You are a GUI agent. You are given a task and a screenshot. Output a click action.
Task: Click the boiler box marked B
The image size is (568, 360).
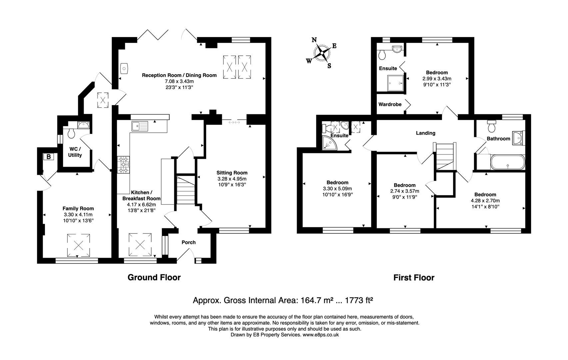click(x=49, y=156)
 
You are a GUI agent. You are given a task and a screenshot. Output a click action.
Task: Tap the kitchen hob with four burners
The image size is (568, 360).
click(x=124, y=165)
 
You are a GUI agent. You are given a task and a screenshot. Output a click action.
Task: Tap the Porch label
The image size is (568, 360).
click(x=189, y=242)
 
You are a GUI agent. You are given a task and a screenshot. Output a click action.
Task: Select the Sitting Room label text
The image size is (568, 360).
click(x=232, y=173)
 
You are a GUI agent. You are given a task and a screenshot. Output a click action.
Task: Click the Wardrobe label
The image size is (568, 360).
click(x=390, y=104)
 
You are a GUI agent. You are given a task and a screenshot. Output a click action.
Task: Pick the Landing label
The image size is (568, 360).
click(x=425, y=133)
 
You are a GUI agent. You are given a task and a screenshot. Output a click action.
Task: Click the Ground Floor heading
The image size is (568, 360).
click(x=154, y=277)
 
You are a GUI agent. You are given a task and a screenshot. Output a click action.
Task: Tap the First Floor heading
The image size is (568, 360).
click(x=414, y=277)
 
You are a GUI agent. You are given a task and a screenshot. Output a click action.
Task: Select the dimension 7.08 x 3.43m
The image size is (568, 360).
click(x=179, y=81)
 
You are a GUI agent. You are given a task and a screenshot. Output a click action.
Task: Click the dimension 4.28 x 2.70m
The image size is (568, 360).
click(x=485, y=201)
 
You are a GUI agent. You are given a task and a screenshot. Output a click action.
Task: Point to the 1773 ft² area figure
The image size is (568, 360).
click(x=359, y=300)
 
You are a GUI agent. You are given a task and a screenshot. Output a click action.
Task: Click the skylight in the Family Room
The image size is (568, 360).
click(x=79, y=245)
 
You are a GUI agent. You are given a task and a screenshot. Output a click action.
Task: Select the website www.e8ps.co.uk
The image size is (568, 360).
click(x=320, y=335)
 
